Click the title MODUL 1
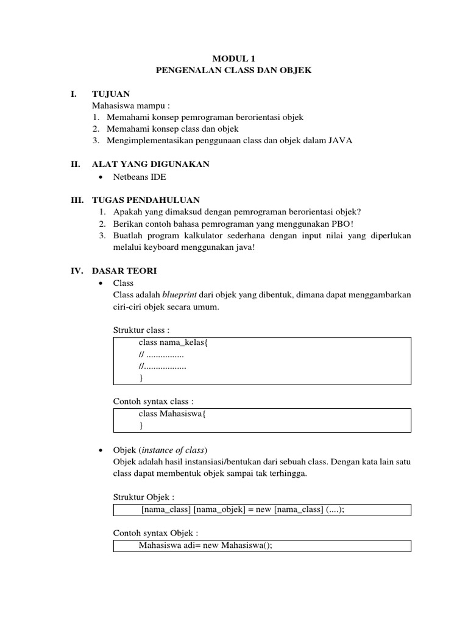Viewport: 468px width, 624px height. [x=234, y=58]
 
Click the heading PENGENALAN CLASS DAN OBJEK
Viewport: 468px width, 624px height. [x=234, y=71]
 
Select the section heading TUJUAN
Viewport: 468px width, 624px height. [x=110, y=94]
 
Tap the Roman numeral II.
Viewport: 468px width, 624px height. [x=76, y=164]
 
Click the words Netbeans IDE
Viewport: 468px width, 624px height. [x=140, y=177]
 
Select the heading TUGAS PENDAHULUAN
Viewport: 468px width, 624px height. [x=146, y=200]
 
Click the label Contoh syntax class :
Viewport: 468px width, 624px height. [x=154, y=402]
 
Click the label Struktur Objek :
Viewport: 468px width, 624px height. [x=144, y=497]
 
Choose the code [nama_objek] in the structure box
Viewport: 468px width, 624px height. [x=217, y=510]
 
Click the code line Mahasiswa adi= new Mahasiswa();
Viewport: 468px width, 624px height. [x=205, y=545]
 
